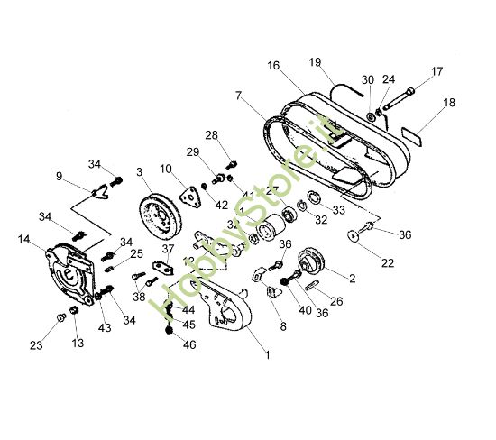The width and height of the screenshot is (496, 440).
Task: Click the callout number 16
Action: pyautogui.click(x=273, y=66)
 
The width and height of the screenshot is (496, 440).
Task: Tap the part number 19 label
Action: pyautogui.click(x=315, y=62)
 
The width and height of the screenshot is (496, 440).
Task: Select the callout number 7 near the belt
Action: pyautogui.click(x=238, y=96)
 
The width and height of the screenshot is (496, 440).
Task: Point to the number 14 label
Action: pyautogui.click(x=24, y=239)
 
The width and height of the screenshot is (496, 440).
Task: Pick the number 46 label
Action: pyautogui.click(x=188, y=345)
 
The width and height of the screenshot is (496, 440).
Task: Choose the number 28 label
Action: pyautogui.click(x=211, y=135)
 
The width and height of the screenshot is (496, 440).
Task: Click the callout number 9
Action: pyautogui.click(x=60, y=177)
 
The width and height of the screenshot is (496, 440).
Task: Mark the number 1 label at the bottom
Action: pyautogui.click(x=267, y=355)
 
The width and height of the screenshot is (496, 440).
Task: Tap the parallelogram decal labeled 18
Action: pyautogui.click(x=412, y=134)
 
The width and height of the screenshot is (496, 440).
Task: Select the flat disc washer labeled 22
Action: pyautogui.click(x=353, y=236)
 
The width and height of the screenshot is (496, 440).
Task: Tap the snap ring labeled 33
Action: pyautogui.click(x=314, y=199)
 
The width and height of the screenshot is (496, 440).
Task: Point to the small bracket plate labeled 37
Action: pyautogui.click(x=164, y=267)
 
